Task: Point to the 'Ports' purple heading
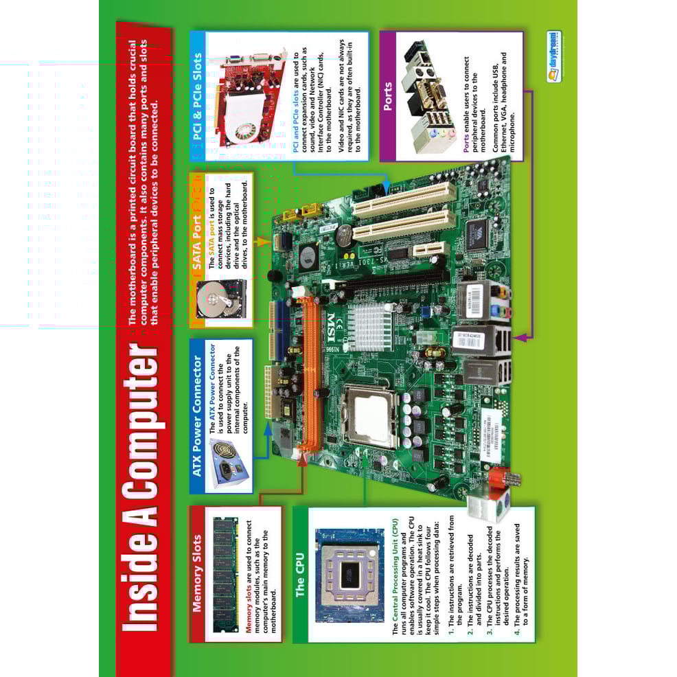point(389,96)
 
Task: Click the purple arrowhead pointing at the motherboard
point(517,337)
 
